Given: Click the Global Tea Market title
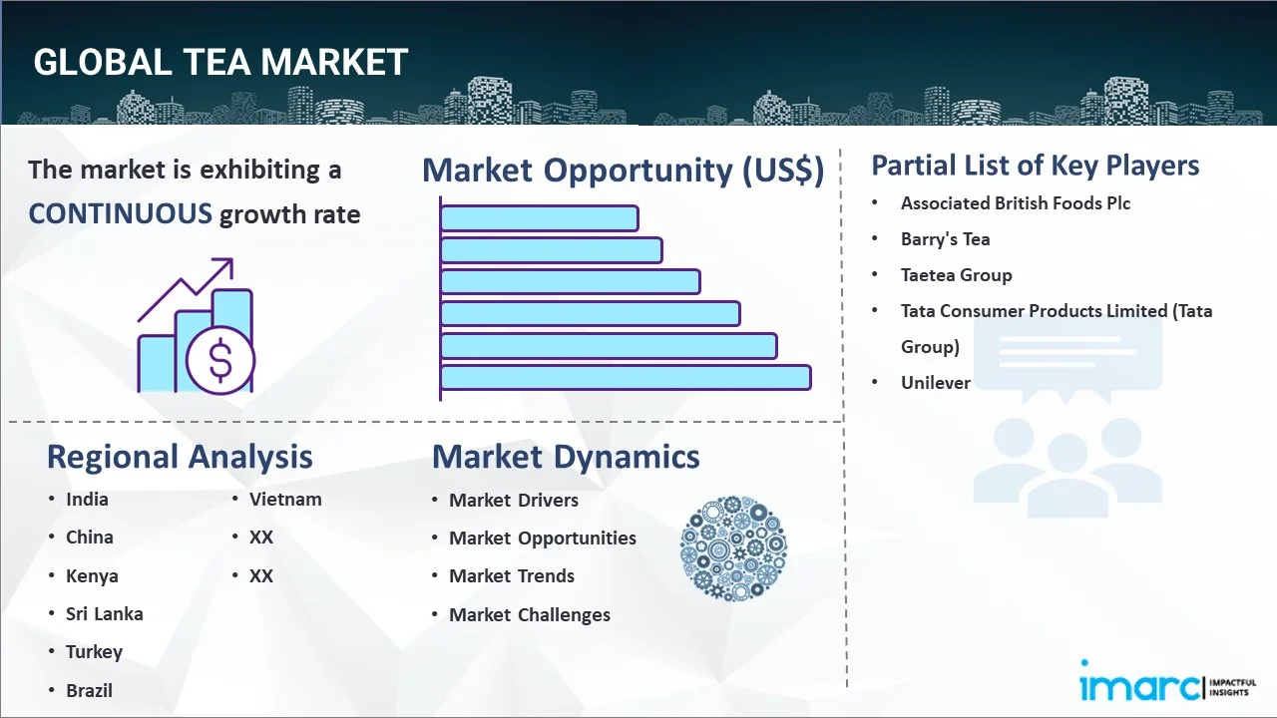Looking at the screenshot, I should click(220, 62).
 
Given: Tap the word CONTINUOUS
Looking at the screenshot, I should click(120, 213).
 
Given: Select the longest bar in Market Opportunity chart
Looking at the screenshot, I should click(626, 377).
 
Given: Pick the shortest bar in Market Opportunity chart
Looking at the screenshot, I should click(539, 217).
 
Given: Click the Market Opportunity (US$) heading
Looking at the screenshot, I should click(623, 171).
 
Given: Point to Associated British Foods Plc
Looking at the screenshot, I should click(1015, 203).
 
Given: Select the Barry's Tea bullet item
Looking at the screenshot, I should click(945, 239).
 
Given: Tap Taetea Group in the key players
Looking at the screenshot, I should click(956, 275).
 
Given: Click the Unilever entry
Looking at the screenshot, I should click(935, 383).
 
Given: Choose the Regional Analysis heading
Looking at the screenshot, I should click(180, 457).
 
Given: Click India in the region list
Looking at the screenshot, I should click(87, 500).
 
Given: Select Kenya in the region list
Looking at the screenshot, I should click(92, 576).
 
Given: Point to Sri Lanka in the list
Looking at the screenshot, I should click(104, 614).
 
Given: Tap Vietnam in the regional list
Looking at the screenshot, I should click(285, 500).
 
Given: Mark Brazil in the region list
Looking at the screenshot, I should click(89, 691).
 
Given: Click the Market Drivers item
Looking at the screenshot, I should click(513, 501).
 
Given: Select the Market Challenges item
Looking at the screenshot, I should click(529, 615).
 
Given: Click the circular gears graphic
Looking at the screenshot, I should click(733, 548).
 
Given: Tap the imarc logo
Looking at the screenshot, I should click(1140, 686).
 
